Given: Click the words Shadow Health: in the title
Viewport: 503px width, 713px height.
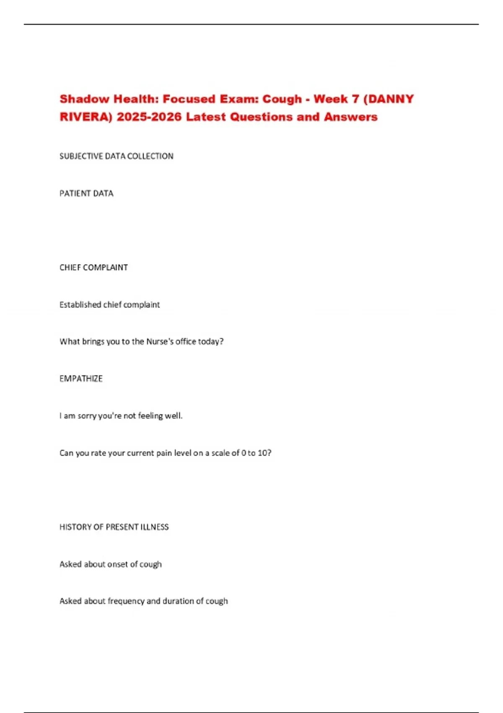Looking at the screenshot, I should click(x=109, y=99).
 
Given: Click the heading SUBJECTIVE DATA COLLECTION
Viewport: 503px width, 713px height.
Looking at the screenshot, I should click(x=116, y=156).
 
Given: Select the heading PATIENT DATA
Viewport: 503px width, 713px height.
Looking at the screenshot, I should click(x=86, y=194).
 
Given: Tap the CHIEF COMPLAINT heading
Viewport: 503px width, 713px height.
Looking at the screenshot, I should click(x=93, y=268).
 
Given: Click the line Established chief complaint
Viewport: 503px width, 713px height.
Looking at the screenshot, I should click(x=109, y=305).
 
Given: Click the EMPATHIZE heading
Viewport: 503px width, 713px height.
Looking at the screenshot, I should click(x=81, y=379).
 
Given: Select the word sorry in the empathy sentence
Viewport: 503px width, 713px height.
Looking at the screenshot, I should click(x=87, y=416).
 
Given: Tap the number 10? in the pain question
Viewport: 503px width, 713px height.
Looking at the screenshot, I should click(x=264, y=453).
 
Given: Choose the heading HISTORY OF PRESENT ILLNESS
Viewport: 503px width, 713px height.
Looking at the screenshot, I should click(x=114, y=527).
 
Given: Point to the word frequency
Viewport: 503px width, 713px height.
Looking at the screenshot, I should click(x=126, y=601).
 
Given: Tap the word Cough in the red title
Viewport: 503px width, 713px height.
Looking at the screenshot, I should click(x=282, y=99).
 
